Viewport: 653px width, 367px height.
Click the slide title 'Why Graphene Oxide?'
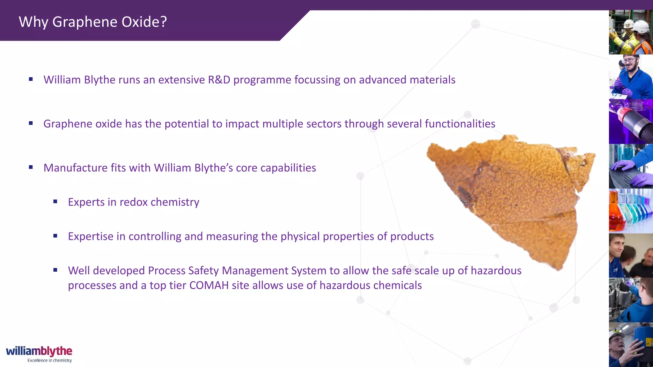(x=92, y=22)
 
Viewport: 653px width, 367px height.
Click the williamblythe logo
(x=39, y=351)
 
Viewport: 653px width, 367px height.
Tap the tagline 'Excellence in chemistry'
(x=49, y=361)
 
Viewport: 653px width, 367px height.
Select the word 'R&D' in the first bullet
(x=219, y=80)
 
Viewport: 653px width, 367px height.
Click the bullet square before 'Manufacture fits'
(x=31, y=167)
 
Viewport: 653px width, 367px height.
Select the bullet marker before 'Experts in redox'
(x=55, y=201)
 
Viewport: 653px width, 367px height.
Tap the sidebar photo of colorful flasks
(x=630, y=210)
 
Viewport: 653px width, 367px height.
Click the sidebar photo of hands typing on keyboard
(x=630, y=166)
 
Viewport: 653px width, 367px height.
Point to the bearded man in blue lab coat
(x=630, y=77)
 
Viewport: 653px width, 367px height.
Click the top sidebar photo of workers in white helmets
(x=630, y=32)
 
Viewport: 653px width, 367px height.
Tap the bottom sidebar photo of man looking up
(x=630, y=345)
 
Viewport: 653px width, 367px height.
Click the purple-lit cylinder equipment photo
(x=630, y=121)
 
